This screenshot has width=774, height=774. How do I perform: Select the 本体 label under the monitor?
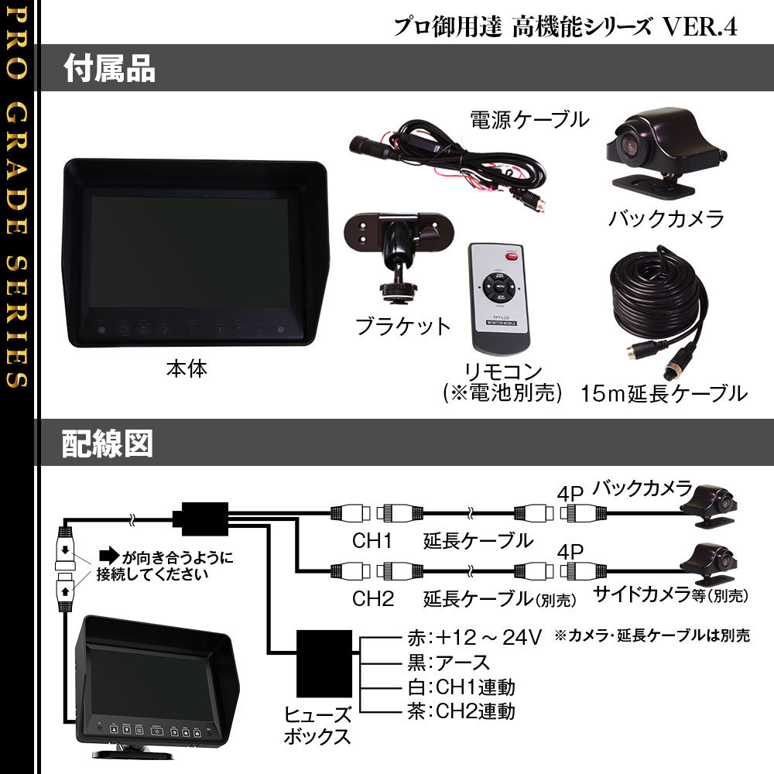187,369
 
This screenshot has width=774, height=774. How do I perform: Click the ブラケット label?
402,326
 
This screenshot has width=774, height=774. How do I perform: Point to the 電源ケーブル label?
530,120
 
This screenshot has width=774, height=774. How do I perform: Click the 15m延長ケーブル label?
664,394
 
